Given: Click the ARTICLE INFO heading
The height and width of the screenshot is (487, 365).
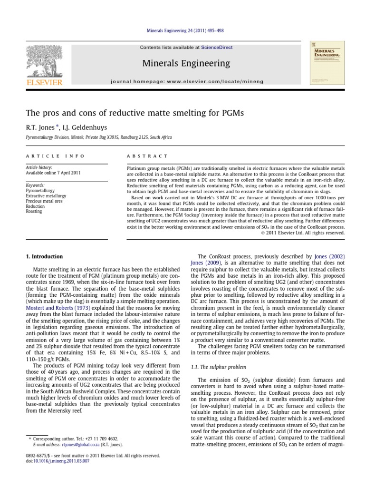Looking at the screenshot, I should point(55,156).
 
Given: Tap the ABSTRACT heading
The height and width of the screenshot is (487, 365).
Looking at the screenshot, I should point(147,156).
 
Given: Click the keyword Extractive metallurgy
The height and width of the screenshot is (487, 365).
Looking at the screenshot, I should point(46,196).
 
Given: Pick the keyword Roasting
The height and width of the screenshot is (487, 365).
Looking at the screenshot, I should point(34,212).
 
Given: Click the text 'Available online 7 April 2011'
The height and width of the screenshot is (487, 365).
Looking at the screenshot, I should point(53,173).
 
